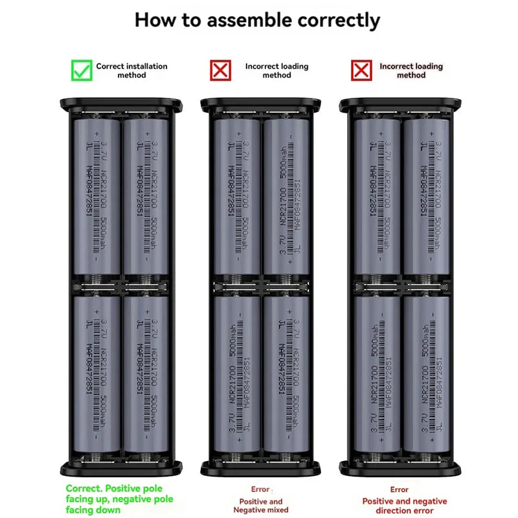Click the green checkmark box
pyautogui.click(x=82, y=71)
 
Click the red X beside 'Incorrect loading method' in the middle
pyautogui.click(x=221, y=71)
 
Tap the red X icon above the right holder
pyautogui.click(x=361, y=71)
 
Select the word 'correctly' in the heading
pyautogui.click(x=339, y=20)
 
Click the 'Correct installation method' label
pyautogui.click(x=131, y=71)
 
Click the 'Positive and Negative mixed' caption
pyautogui.click(x=261, y=506)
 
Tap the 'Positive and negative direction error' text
pyautogui.click(x=404, y=506)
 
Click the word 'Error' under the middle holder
pyautogui.click(x=260, y=490)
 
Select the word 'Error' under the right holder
pyautogui.click(x=400, y=490)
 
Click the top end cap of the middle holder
pyautogui.click(x=261, y=104)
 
